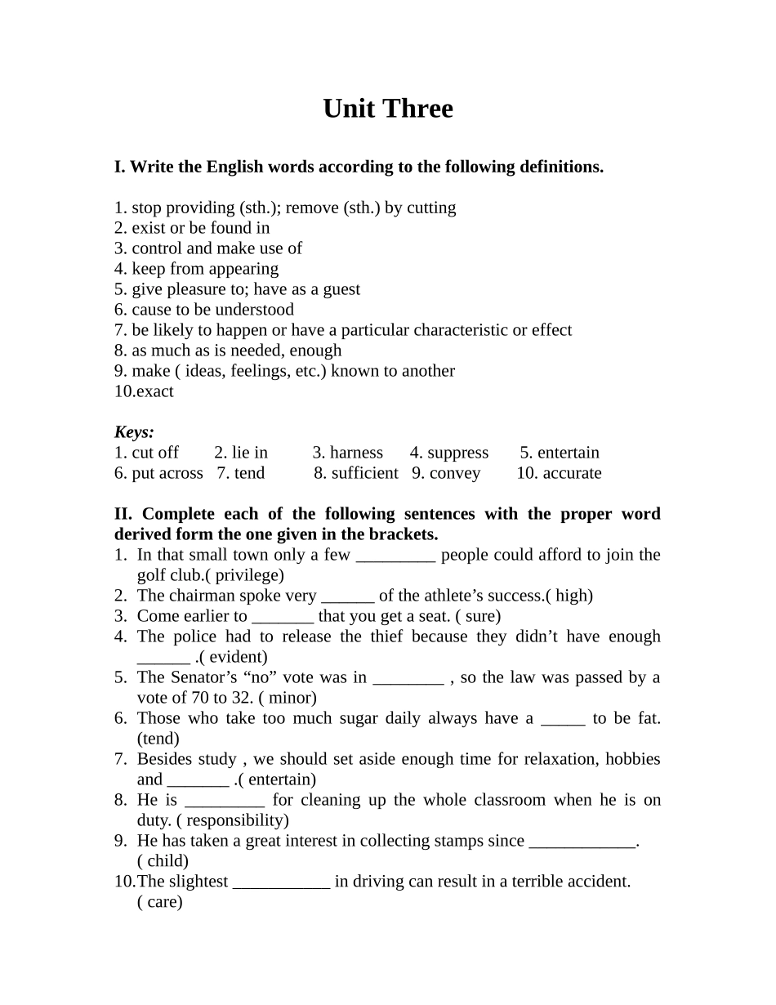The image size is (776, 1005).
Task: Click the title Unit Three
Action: click(x=387, y=109)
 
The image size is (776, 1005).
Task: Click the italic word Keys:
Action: click(x=134, y=432)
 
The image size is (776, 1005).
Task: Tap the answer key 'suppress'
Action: click(x=457, y=453)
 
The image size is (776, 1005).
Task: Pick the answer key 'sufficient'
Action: click(x=364, y=473)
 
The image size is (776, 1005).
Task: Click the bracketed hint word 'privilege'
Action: click(x=249, y=575)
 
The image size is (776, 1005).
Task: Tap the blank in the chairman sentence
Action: click(x=348, y=596)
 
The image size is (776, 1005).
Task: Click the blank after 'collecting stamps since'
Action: click(x=582, y=842)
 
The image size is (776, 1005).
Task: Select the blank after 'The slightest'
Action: click(x=282, y=882)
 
